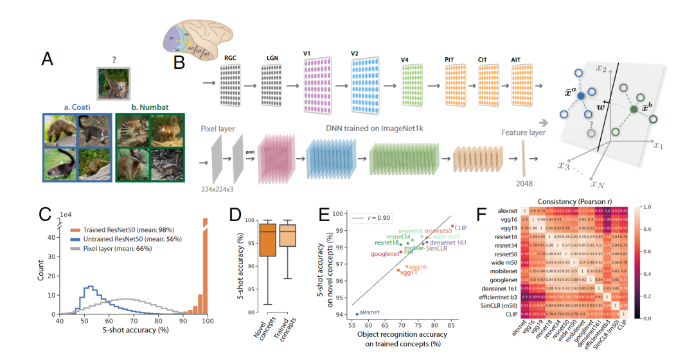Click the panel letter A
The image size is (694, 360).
(47, 59)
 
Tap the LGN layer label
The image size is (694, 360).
(272, 58)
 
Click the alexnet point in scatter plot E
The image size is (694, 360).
(357, 314)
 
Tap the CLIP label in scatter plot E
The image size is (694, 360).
(461, 227)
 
